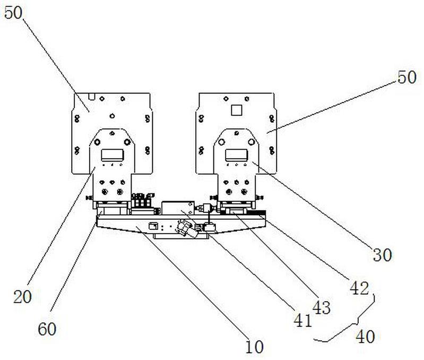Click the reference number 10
coord(254,347)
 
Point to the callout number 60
coord(47,329)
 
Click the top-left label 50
coord(15,13)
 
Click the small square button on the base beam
coord(154,225)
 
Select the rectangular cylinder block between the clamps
coord(178,208)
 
